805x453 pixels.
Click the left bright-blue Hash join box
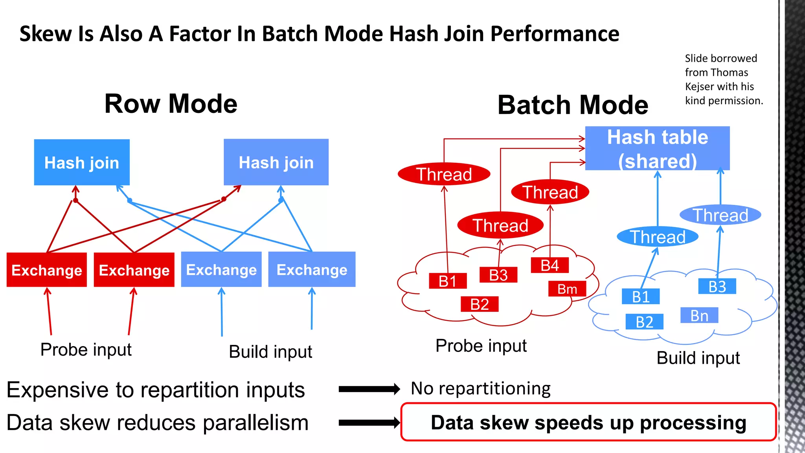tap(82, 162)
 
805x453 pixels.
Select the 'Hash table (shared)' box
tap(657, 148)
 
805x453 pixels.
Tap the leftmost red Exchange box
tap(47, 270)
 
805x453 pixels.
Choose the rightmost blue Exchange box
tap(312, 269)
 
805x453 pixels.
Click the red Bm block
tap(567, 289)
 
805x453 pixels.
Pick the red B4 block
tap(550, 265)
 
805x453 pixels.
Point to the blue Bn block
tap(699, 315)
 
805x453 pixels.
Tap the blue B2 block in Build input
tap(644, 322)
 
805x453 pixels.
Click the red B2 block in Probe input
tap(480, 304)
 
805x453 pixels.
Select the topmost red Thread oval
tap(444, 174)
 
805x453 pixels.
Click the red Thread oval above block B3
tap(500, 225)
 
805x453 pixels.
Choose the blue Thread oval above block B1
tap(657, 237)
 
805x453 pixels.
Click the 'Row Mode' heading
tap(171, 104)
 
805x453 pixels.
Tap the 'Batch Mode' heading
tap(573, 105)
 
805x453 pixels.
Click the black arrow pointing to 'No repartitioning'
tap(369, 389)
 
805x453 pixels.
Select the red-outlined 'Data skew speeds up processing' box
tap(588, 422)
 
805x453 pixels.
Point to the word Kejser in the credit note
tap(700, 87)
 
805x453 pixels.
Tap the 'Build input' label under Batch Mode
tap(698, 358)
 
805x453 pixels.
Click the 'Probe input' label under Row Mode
tap(86, 350)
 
